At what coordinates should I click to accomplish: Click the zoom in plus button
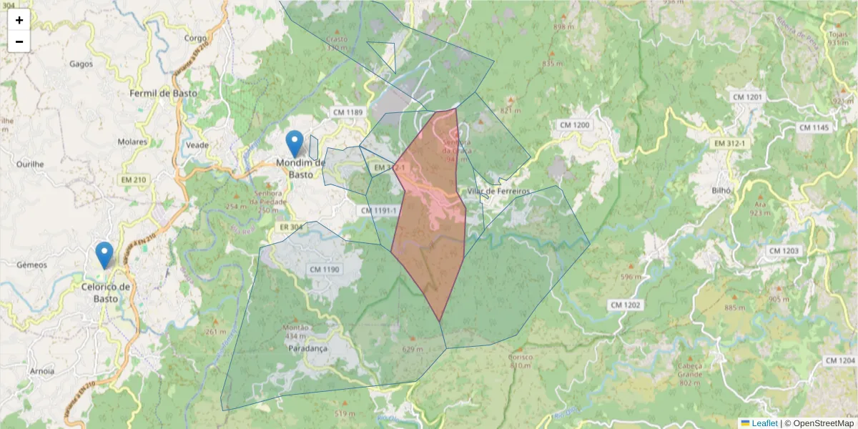tap(19, 20)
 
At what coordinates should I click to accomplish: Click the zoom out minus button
tap(19, 41)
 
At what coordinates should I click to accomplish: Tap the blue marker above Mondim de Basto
tap(294, 144)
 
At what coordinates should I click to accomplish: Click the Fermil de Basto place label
tap(163, 93)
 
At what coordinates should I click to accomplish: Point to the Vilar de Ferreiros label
tap(498, 192)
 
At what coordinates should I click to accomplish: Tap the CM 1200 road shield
tap(574, 125)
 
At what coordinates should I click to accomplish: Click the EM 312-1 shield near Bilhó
tap(729, 144)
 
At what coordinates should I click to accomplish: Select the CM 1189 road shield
tap(348, 112)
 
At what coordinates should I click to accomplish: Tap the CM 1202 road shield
tap(625, 305)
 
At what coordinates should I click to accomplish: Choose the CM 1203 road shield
tap(784, 251)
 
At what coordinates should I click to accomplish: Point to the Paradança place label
tap(307, 348)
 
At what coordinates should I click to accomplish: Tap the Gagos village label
tap(82, 64)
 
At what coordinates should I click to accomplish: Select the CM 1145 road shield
tap(814, 127)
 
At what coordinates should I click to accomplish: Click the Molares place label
tap(132, 142)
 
